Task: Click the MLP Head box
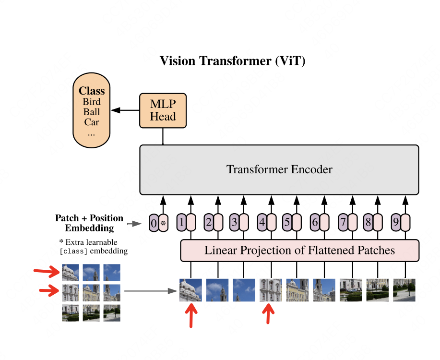(163, 110)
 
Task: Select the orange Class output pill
(92, 110)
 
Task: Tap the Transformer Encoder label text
(279, 169)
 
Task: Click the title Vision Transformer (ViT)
(232, 61)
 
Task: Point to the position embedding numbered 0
(154, 223)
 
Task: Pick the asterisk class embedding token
(163, 223)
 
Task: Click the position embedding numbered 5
(287, 222)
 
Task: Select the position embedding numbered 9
(396, 222)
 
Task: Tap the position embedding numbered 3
(234, 222)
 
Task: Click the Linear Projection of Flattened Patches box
(300, 251)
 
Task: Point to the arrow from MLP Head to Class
(125, 110)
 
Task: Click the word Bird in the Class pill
(92, 102)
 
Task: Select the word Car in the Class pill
(92, 122)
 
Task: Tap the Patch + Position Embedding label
(89, 223)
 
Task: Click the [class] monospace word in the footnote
(73, 251)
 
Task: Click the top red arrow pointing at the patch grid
(47, 272)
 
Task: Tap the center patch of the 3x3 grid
(91, 293)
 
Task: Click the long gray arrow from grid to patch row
(151, 291)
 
